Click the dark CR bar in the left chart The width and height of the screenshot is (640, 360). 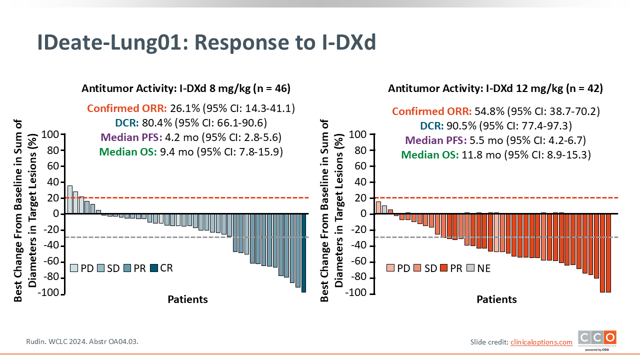[x=303, y=253]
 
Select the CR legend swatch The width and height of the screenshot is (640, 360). [x=154, y=268]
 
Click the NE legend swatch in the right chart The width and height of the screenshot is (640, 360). [x=470, y=268]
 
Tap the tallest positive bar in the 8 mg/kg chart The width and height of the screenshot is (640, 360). [x=69, y=199]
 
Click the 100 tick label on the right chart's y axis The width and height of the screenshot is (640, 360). [x=357, y=134]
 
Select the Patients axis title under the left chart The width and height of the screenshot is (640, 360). [x=187, y=299]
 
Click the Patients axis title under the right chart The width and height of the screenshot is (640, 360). [x=496, y=299]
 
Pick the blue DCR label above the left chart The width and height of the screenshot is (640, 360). [x=127, y=123]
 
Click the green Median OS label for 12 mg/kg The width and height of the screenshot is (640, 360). [x=429, y=155]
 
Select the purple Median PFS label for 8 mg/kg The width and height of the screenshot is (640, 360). [x=131, y=137]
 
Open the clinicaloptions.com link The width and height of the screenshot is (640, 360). [x=541, y=342]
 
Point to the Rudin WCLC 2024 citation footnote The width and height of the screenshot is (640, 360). [x=82, y=341]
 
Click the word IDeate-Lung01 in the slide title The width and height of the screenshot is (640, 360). [x=112, y=42]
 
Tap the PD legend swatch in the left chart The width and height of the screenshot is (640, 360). [x=74, y=268]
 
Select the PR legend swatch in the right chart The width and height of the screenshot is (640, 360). [x=443, y=268]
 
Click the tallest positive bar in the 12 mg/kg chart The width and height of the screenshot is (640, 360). [x=378, y=207]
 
